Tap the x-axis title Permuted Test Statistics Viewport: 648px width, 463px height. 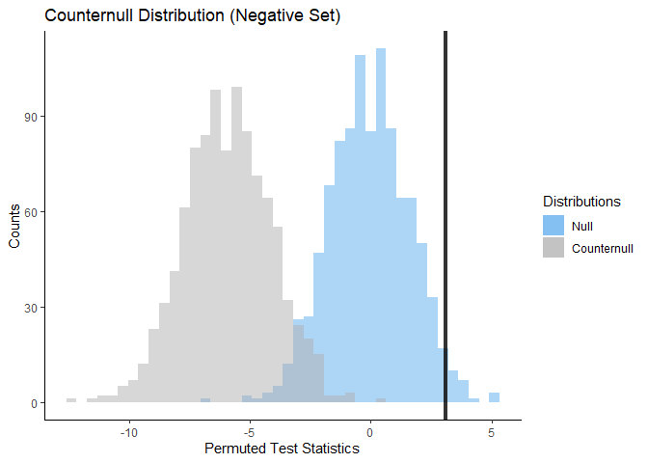[x=282, y=449]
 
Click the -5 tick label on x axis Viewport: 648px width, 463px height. [x=250, y=431]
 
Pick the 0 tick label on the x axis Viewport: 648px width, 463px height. [x=370, y=431]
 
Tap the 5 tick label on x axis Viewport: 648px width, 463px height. [x=492, y=431]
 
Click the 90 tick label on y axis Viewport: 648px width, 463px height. [x=29, y=117]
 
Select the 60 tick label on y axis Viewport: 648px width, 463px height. [x=29, y=212]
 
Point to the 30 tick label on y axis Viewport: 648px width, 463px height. [x=29, y=308]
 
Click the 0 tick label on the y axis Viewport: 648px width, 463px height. [x=32, y=403]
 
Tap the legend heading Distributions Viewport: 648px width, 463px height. [x=581, y=202]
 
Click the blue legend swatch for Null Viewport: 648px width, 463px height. [x=553, y=225]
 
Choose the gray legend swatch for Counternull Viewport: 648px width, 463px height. [x=553, y=248]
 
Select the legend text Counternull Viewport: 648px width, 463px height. [x=603, y=248]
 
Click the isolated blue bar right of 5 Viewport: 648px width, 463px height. [x=494, y=397]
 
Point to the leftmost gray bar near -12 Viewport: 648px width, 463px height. [x=71, y=400]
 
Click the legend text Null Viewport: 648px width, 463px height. [x=581, y=225]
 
